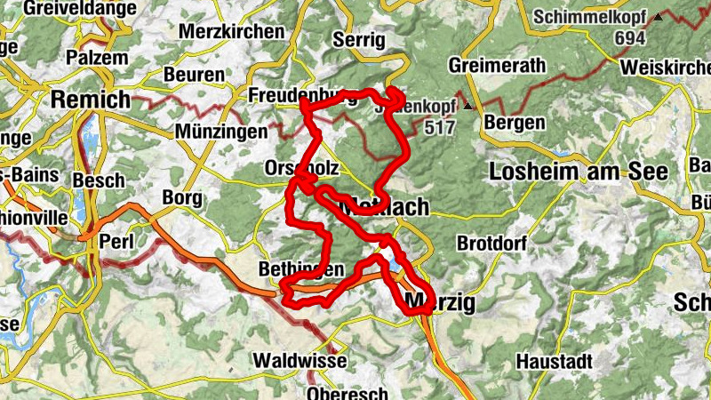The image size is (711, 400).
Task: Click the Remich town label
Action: point(91,100)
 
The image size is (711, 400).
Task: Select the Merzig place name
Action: point(439,304)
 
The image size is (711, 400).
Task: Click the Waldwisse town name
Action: point(300,361)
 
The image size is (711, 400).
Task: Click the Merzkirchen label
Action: point(232,32)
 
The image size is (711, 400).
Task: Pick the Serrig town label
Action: point(360,39)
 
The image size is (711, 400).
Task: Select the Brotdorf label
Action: point(491,243)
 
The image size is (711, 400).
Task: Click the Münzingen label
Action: point(221,132)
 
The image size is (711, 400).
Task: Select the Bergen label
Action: point(515,122)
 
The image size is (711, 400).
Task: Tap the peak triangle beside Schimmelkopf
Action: point(659,16)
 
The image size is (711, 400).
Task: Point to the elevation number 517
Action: point(439,127)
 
